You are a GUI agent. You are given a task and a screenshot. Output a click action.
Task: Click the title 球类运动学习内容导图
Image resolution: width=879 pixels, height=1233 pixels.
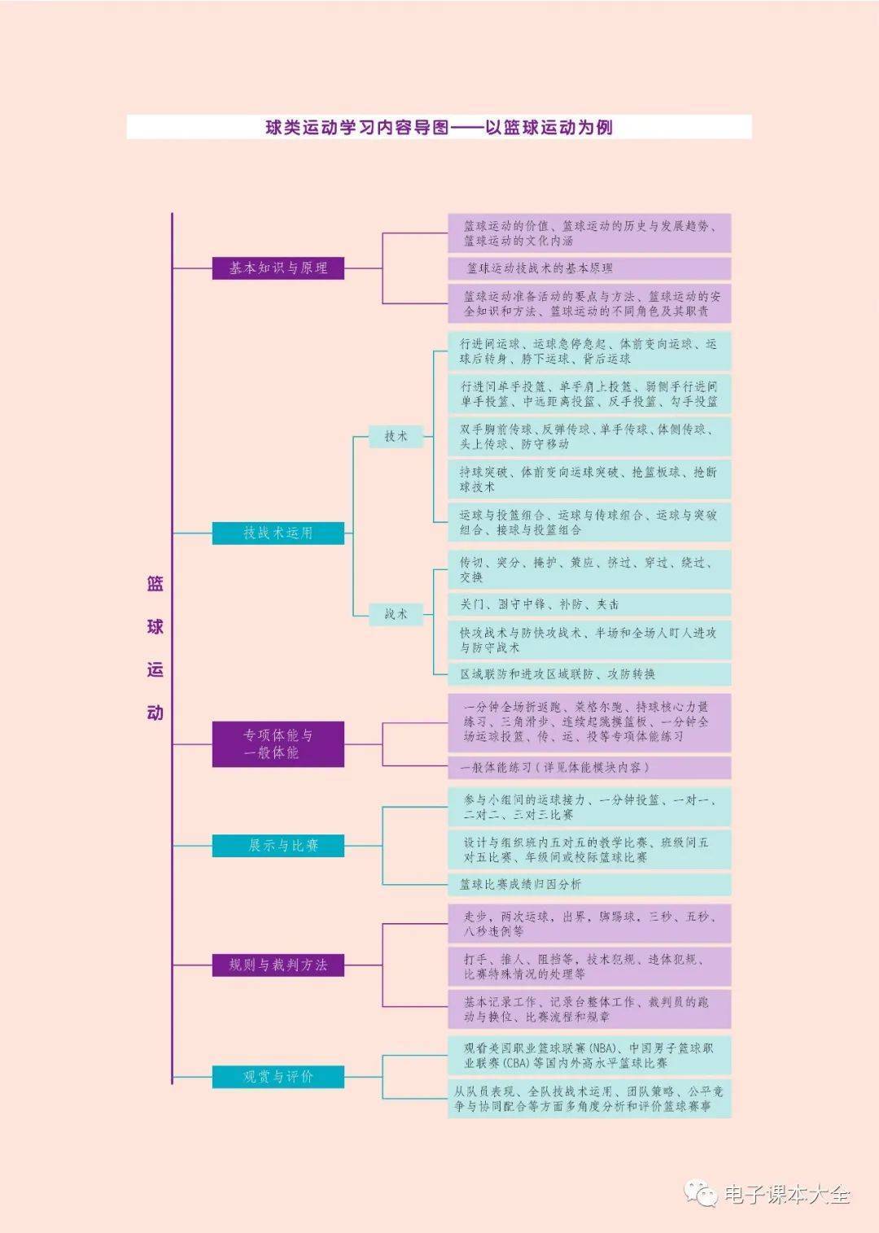point(439,127)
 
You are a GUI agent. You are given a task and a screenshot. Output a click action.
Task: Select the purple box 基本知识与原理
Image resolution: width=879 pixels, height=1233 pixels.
point(278,268)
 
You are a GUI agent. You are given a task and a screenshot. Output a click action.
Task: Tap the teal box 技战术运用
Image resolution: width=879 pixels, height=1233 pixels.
point(278,533)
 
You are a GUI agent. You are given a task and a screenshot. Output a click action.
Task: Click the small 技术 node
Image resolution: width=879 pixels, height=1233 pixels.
point(396,436)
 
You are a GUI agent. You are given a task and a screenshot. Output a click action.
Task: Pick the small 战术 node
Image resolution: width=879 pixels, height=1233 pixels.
point(396,614)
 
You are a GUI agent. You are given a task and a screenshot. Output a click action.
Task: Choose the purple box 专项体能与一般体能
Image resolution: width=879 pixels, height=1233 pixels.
point(278,743)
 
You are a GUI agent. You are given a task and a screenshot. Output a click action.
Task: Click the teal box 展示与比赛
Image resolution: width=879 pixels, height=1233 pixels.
point(278,846)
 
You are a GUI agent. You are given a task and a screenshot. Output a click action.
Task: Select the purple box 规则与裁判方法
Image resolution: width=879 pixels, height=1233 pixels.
point(278,965)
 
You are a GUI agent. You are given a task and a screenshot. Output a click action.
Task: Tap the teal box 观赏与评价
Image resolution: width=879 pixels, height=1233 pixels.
point(278,1076)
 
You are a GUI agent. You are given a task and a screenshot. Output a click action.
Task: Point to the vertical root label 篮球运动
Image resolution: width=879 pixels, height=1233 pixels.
point(155,647)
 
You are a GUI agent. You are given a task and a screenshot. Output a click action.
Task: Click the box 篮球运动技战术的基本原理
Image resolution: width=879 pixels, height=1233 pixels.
point(589,268)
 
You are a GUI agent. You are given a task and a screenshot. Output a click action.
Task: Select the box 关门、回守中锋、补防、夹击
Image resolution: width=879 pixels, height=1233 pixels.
point(589,604)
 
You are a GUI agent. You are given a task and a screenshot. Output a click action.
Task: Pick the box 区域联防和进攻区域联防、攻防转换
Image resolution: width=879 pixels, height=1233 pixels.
point(589,673)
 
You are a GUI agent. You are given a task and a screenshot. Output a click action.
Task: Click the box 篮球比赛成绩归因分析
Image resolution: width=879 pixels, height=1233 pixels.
point(589,884)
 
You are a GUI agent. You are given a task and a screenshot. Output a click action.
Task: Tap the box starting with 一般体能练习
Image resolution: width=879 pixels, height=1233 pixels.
point(589,767)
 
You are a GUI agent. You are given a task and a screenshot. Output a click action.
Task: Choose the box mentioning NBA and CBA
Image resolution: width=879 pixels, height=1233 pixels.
point(589,1055)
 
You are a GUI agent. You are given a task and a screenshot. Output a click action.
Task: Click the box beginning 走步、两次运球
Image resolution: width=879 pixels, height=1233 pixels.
point(589,923)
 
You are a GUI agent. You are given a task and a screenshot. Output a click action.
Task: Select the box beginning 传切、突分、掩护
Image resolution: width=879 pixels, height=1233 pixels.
point(589,569)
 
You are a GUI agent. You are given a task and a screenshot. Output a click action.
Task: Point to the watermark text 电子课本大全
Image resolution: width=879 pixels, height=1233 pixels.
point(787,1194)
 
